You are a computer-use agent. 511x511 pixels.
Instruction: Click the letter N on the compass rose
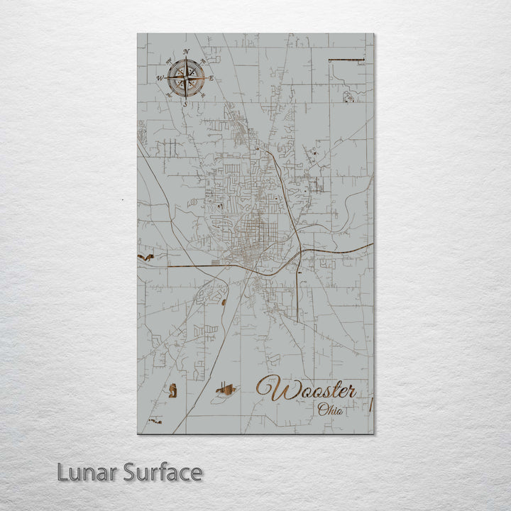point(186,52)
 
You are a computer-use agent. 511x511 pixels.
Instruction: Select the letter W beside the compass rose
point(160,78)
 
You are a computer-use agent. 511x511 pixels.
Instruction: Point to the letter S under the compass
point(185,104)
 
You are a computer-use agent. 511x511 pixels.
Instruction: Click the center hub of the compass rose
point(186,77)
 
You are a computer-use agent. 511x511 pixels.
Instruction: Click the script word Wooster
point(307,389)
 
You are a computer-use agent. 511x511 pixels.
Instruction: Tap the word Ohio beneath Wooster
point(330,410)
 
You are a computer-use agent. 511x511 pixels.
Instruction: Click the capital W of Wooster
point(270,388)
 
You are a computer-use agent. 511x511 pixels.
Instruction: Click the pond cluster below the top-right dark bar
point(348,96)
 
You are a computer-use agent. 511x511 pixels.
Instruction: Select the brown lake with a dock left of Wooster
point(226,389)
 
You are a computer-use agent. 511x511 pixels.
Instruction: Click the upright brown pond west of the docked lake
point(172,389)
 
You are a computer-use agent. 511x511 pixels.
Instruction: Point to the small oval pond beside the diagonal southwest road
point(224,302)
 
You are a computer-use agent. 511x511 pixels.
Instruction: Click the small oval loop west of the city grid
point(192,203)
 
